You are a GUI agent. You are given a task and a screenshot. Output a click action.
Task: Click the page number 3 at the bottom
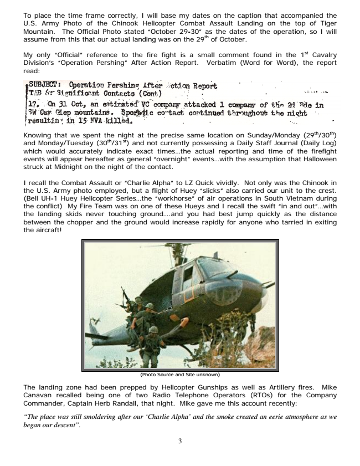(180, 441)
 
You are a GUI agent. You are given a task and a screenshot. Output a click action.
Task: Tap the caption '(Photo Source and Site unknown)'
(180, 374)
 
